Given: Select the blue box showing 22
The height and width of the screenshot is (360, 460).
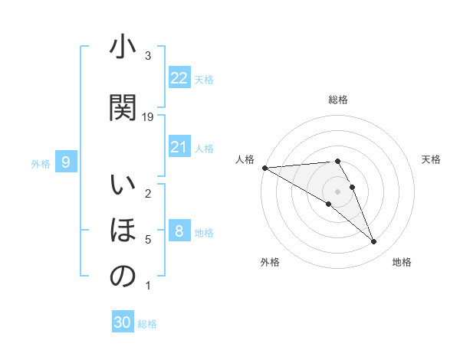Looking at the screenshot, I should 179,78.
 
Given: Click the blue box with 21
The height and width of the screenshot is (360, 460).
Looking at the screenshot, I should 179,147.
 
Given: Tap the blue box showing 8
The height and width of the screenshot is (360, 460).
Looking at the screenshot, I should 179,231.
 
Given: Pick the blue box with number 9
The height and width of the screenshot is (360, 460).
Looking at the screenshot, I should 66,162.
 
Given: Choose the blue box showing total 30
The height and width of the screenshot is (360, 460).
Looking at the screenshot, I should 123,322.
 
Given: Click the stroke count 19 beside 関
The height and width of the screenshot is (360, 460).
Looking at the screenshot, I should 149,116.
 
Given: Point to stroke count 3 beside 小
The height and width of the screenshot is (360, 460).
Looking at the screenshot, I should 148,56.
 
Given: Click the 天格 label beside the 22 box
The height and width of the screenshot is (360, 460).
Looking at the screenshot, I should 204,79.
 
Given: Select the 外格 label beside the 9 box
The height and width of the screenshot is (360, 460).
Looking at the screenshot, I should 41,163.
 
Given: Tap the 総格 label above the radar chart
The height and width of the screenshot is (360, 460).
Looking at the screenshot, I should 338,100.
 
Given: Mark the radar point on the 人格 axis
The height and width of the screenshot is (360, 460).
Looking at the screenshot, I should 264,168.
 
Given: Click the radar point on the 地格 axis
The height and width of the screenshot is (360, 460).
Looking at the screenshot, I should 373,242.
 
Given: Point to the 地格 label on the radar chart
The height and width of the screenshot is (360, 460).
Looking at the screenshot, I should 402,262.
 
